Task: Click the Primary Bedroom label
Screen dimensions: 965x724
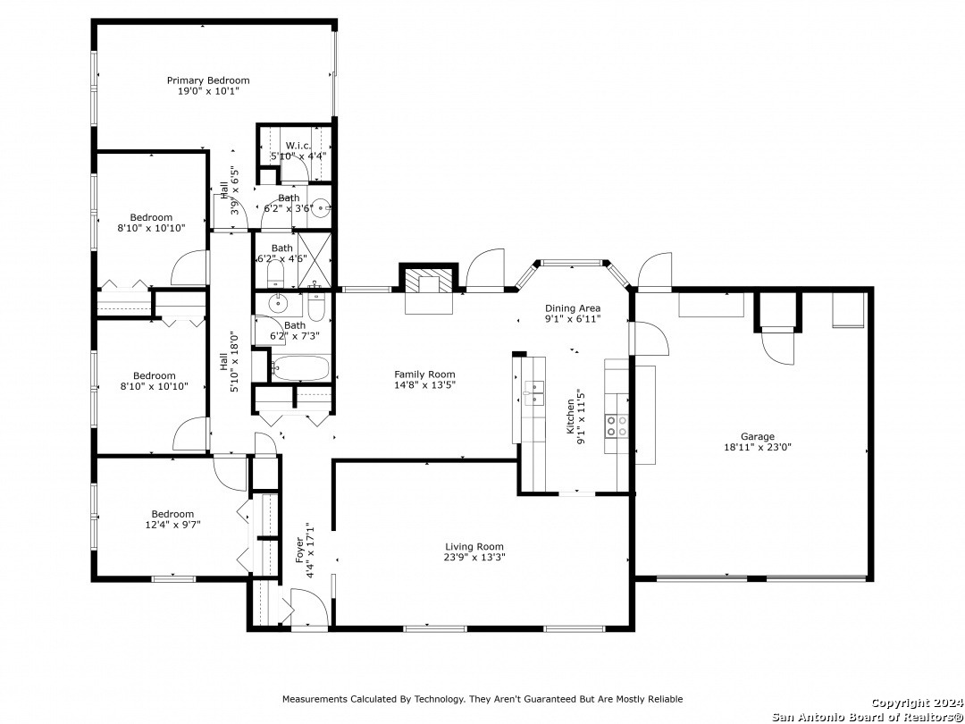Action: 208,80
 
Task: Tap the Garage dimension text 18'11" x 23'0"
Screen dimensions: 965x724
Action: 757,448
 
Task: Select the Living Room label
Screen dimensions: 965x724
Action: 474,547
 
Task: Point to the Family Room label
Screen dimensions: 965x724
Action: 424,375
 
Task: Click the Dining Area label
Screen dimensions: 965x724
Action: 573,308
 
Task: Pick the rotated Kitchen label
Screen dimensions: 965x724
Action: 570,417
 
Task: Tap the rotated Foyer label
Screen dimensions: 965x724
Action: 300,551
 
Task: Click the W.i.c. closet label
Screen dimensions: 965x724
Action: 297,146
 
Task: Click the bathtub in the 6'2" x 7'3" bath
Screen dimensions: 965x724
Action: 300,368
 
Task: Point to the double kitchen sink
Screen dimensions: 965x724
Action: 534,392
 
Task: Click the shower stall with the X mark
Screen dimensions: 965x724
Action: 315,260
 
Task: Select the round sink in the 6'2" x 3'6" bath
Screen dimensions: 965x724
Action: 320,208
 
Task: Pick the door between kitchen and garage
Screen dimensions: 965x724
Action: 649,338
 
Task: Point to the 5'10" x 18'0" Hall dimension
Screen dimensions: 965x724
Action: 234,362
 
